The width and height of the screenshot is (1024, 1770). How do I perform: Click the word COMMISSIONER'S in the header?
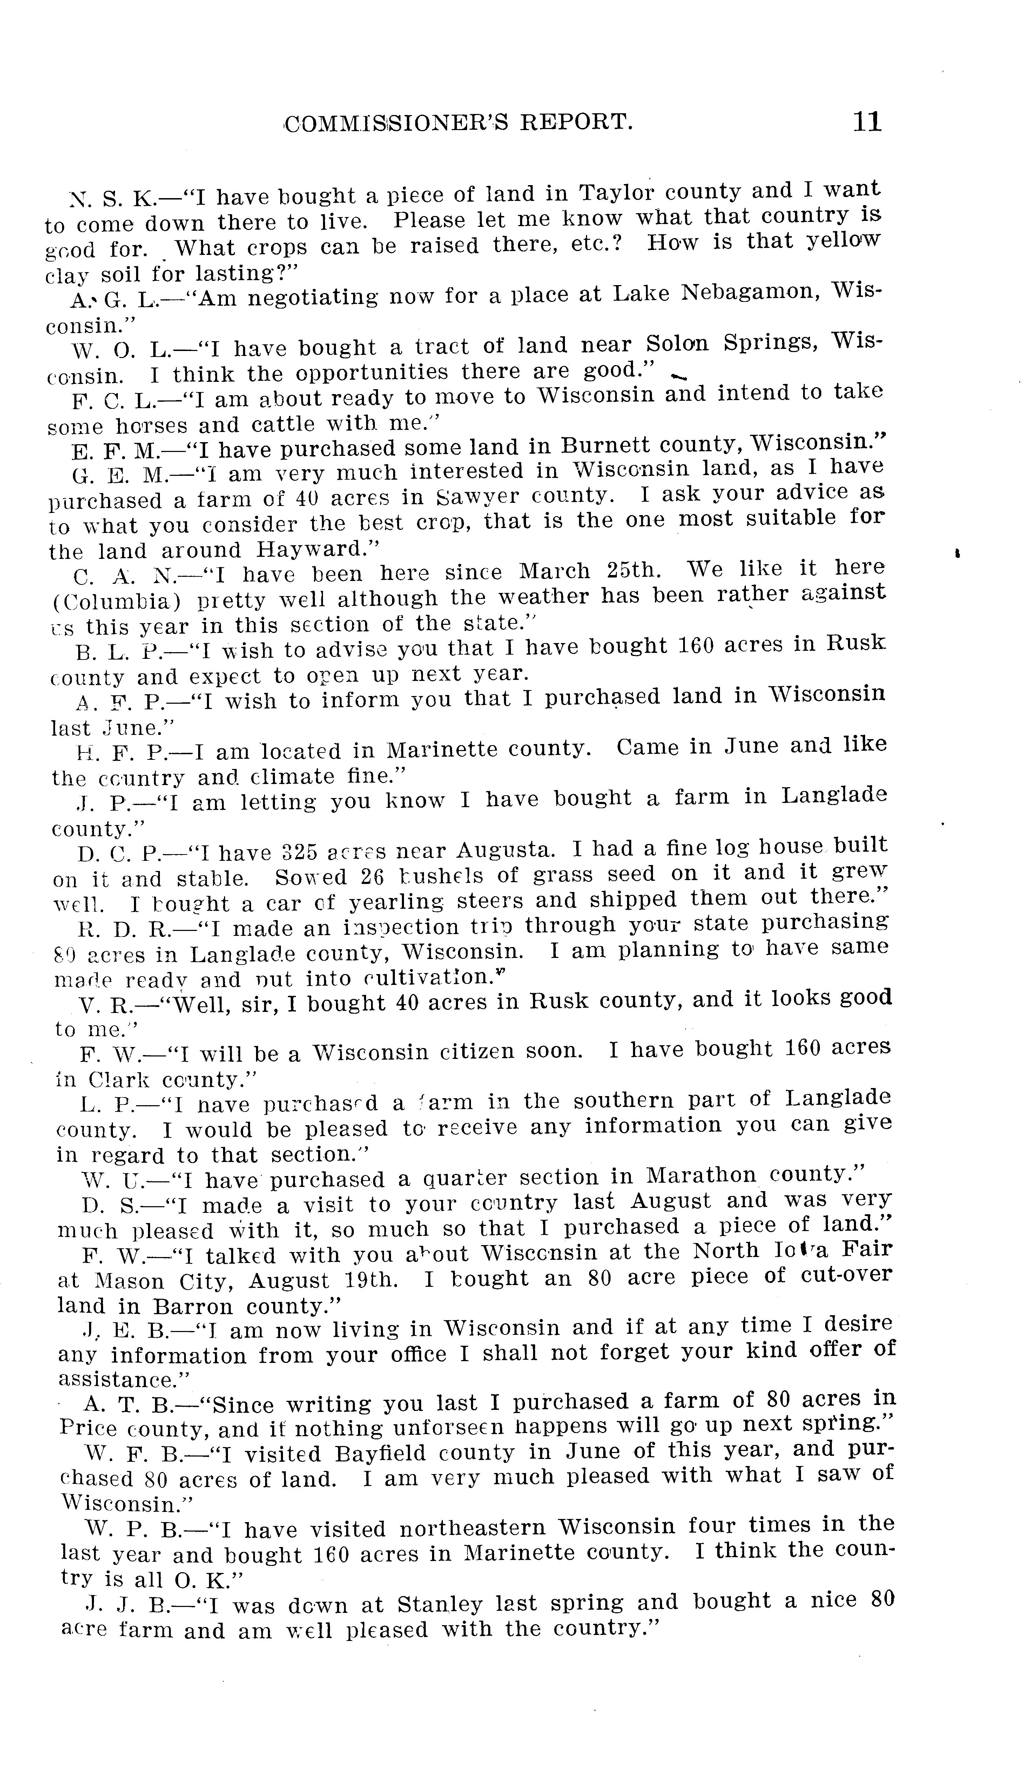point(397,123)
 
